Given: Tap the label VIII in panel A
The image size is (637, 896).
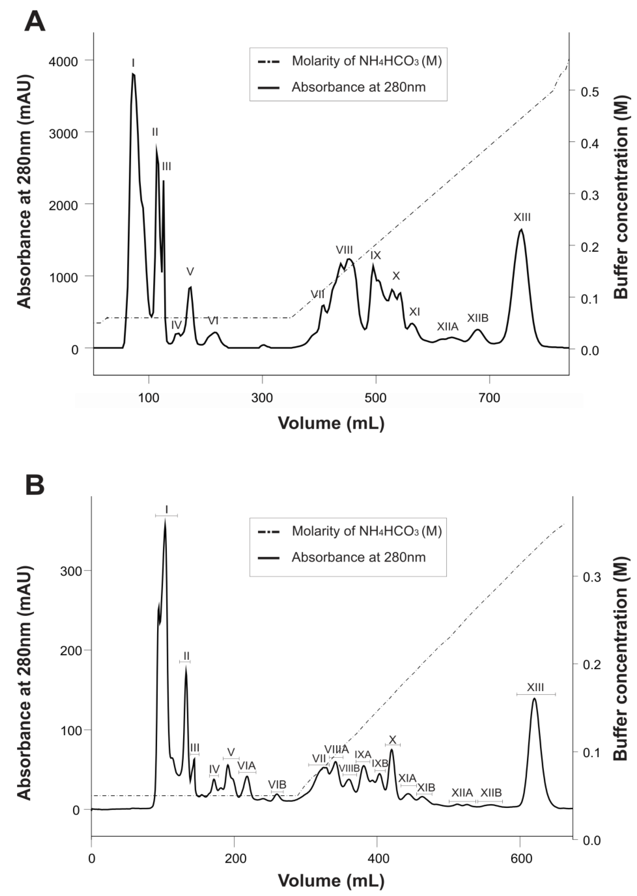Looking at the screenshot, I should [344, 250].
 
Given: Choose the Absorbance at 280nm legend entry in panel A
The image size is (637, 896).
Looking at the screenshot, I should [358, 87].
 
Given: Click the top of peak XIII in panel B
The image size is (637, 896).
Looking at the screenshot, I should [534, 699].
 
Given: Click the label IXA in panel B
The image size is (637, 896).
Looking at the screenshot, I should [363, 754].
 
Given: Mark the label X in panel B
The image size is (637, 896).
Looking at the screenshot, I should [392, 740].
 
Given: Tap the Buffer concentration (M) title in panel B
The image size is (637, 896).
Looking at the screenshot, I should [621, 675].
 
